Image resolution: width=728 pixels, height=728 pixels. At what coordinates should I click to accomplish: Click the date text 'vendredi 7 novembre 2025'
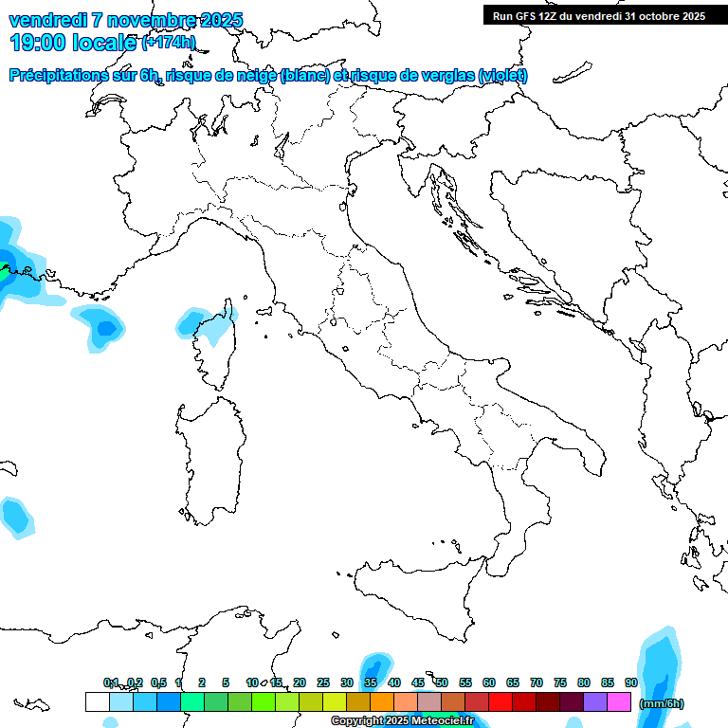(125, 20)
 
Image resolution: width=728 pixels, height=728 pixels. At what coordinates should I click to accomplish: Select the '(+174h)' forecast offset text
(169, 43)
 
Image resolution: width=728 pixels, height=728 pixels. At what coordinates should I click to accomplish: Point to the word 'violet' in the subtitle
(502, 76)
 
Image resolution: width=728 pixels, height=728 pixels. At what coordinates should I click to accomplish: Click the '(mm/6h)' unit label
(661, 703)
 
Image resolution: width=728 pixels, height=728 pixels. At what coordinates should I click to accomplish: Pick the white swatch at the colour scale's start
(97, 702)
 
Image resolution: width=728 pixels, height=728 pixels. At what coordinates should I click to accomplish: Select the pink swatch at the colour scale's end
(619, 702)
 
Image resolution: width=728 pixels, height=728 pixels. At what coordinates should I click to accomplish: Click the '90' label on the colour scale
(631, 682)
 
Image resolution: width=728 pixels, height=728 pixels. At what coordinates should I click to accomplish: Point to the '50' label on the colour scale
(442, 682)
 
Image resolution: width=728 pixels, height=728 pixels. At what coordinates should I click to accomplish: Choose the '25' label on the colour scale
(323, 682)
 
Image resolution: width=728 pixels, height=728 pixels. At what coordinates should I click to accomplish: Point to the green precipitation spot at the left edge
(4, 268)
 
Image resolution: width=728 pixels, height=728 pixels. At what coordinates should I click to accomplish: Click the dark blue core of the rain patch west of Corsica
(106, 328)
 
